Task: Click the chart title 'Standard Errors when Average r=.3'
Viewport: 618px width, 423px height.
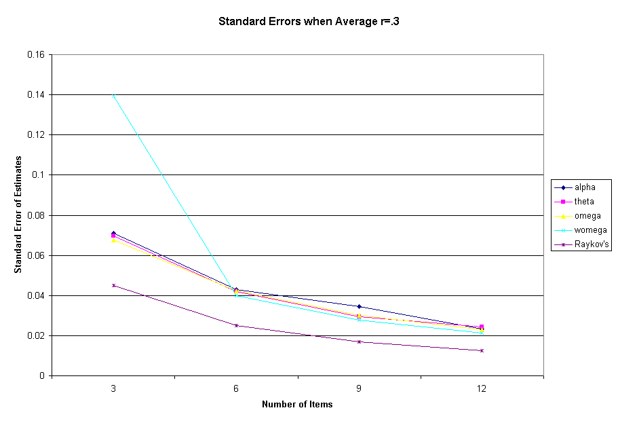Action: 309,21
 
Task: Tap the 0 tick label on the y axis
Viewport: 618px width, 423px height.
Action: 43,376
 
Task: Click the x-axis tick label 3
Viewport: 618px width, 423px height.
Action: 113,388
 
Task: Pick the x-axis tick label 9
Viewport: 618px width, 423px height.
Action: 359,388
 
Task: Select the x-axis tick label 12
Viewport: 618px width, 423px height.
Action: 482,388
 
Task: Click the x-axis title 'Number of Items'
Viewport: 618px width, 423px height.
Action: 297,405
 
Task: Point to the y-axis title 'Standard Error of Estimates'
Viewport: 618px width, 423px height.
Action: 18,215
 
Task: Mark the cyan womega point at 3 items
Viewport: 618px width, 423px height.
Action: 113,95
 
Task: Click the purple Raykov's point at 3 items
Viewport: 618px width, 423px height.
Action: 113,285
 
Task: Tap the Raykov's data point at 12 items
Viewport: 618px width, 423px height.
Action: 482,350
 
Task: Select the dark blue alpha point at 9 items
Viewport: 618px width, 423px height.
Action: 359,306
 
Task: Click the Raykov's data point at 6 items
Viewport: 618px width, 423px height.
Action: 236,325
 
